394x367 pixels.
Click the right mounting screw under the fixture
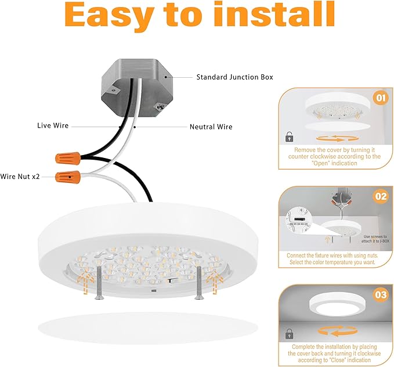tap(199, 282)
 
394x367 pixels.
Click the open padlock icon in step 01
tap(289, 136)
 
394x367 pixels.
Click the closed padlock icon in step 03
tap(289, 334)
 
